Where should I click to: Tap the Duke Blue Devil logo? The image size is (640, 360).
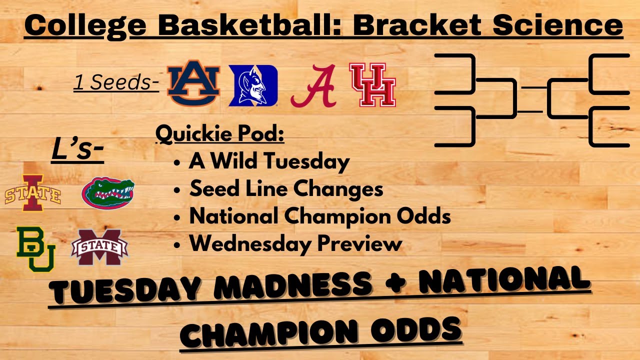pyautogui.click(x=253, y=85)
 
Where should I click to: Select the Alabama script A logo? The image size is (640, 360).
pyautogui.click(x=313, y=85)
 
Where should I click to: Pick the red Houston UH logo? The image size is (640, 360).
pyautogui.click(x=372, y=85)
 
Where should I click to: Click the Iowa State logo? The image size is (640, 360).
pyautogui.click(x=33, y=192)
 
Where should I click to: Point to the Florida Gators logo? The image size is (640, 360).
pyautogui.click(x=108, y=193)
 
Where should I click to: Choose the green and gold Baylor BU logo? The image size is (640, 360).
pyautogui.click(x=35, y=248)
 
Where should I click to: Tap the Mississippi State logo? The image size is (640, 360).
pyautogui.click(x=99, y=247)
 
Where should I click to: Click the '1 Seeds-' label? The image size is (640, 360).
pyautogui.click(x=116, y=83)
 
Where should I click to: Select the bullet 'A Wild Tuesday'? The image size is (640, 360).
pyautogui.click(x=269, y=161)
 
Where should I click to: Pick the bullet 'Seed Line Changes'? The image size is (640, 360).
pyautogui.click(x=286, y=189)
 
